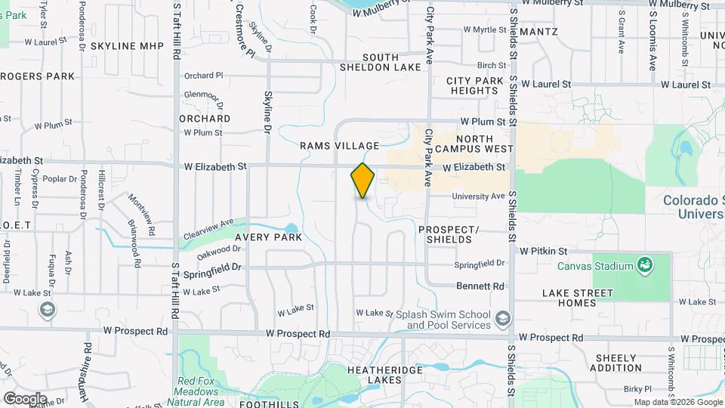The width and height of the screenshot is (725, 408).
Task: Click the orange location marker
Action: coord(362,181)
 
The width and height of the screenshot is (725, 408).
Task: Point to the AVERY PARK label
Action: coord(268,237)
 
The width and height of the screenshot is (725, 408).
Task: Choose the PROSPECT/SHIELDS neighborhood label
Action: coord(449,234)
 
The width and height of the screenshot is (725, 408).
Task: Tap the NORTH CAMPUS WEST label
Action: coord(474,144)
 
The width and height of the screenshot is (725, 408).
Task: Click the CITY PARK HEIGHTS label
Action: coord(474,85)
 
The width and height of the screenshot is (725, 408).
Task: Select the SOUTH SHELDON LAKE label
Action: coord(390,62)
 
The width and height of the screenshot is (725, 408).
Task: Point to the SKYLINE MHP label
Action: coord(127,46)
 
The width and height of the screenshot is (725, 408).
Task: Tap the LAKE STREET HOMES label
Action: coord(578,298)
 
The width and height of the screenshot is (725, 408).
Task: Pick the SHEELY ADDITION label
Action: coord(618,363)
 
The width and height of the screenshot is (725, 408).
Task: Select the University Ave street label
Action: coord(478,196)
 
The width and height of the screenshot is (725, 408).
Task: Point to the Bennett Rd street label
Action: coord(480,286)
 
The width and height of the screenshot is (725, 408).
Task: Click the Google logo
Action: coord(25,398)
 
